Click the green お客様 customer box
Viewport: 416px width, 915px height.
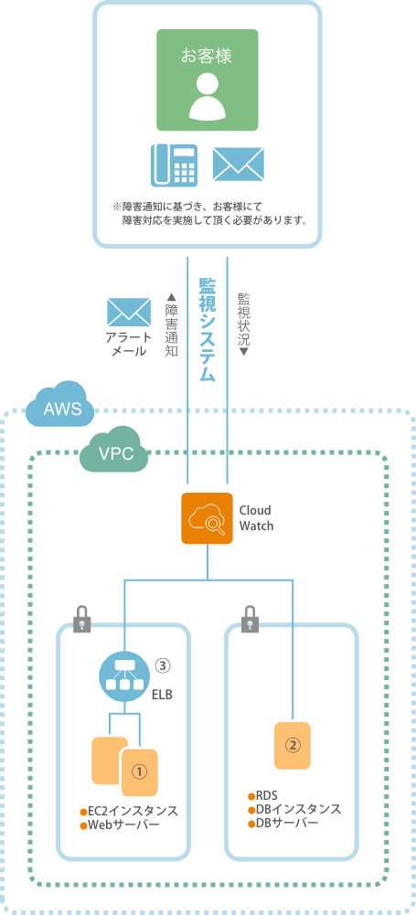click(x=208, y=80)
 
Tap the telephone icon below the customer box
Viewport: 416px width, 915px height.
click(x=174, y=165)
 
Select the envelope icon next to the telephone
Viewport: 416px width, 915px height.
click(x=238, y=164)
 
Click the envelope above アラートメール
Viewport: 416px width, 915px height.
click(x=129, y=313)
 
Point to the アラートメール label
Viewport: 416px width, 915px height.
click(x=129, y=345)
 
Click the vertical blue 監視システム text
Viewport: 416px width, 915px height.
click(x=208, y=329)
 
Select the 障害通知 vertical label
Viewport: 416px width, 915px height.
click(x=172, y=324)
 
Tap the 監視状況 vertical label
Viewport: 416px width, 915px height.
click(x=243, y=324)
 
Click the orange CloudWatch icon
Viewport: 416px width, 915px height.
click(x=207, y=518)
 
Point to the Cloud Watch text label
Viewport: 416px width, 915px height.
click(x=256, y=517)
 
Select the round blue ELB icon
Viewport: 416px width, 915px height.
click(x=125, y=676)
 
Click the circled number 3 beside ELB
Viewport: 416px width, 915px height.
click(x=163, y=665)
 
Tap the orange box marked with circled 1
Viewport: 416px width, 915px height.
click(x=140, y=772)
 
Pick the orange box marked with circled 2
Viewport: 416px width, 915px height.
click(x=293, y=745)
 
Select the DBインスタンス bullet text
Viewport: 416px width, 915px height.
click(x=294, y=810)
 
